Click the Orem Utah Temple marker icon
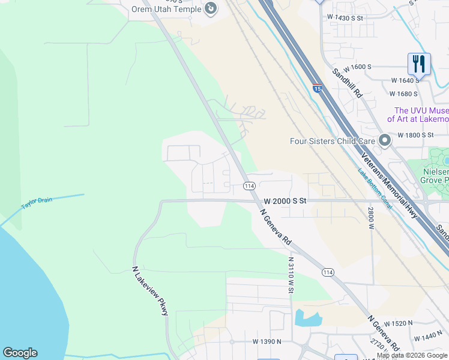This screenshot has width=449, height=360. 210,8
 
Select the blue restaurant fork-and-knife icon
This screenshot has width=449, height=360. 419,64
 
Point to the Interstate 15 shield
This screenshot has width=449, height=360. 317,89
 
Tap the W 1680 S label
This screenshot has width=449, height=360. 403,94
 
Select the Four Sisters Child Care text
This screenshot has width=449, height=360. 333,142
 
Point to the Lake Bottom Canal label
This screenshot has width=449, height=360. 376,189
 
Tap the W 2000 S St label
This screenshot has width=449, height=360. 285,201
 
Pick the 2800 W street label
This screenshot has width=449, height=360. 370,218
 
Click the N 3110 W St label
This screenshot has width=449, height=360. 291,274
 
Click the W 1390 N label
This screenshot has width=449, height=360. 268,341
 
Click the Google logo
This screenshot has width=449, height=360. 20,353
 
